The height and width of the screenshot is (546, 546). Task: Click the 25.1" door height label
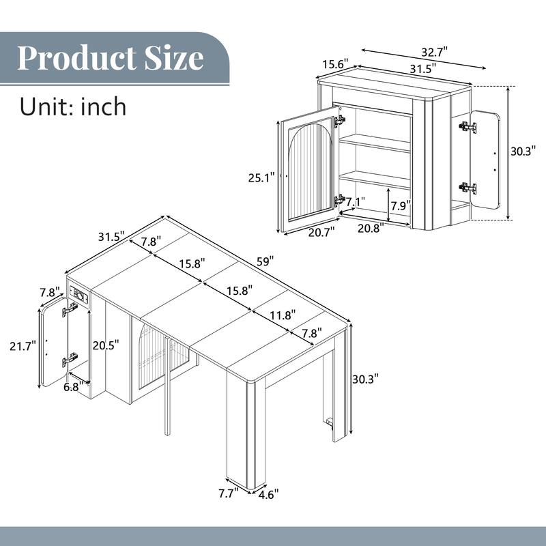click(x=261, y=177)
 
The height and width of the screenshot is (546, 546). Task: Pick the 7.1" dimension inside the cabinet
click(x=356, y=202)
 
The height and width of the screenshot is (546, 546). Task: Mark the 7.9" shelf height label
click(x=401, y=205)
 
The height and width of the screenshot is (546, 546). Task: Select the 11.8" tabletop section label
click(x=263, y=315)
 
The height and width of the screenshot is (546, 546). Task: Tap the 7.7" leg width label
click(x=227, y=493)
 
